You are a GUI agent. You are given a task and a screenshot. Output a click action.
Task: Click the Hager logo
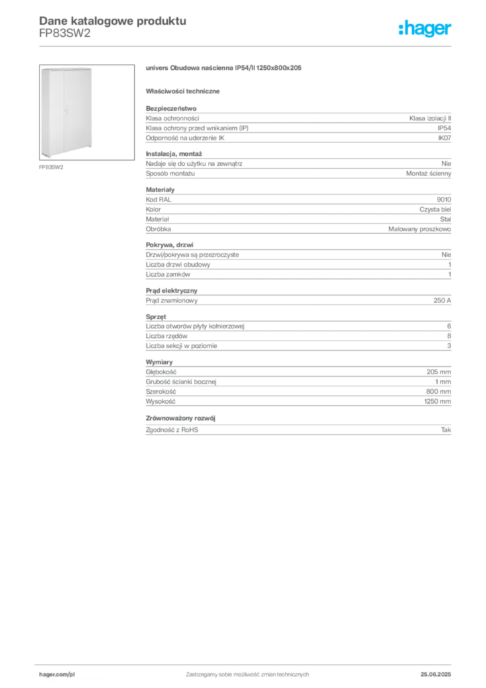coord(424,28)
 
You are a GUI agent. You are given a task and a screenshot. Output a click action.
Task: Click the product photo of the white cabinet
coord(87,112)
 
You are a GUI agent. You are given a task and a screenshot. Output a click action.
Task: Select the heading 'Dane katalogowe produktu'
coord(113,21)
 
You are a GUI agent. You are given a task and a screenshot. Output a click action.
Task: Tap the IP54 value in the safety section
coord(444,128)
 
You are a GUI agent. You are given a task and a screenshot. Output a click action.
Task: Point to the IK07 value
coord(444,138)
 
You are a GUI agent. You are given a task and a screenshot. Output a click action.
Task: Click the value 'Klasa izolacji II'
coord(430,118)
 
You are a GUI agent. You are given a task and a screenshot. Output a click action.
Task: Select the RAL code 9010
coord(444,200)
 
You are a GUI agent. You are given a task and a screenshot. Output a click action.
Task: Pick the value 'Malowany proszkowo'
coord(420,229)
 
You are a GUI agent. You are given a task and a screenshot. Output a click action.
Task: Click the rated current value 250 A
coord(442,300)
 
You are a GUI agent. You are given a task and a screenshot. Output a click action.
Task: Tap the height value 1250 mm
coord(438,402)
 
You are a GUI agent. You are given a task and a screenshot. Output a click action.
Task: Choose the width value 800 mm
coord(438,392)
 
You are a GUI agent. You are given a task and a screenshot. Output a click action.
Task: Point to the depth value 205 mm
coord(438,372)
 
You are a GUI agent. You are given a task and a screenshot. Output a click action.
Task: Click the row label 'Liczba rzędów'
coord(166,336)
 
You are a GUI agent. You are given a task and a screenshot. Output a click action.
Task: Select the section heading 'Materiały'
coord(160,189)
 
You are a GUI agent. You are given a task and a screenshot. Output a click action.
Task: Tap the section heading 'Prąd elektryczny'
coord(172,290)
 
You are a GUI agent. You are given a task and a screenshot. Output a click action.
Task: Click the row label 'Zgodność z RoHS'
coord(172,430)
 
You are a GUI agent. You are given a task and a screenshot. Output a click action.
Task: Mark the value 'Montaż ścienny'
coord(428,173)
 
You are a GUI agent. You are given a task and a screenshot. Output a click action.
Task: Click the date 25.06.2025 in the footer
coord(436,675)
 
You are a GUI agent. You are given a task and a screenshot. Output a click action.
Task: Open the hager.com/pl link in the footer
coord(57,675)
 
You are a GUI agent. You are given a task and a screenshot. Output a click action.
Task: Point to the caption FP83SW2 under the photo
coord(51,167)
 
